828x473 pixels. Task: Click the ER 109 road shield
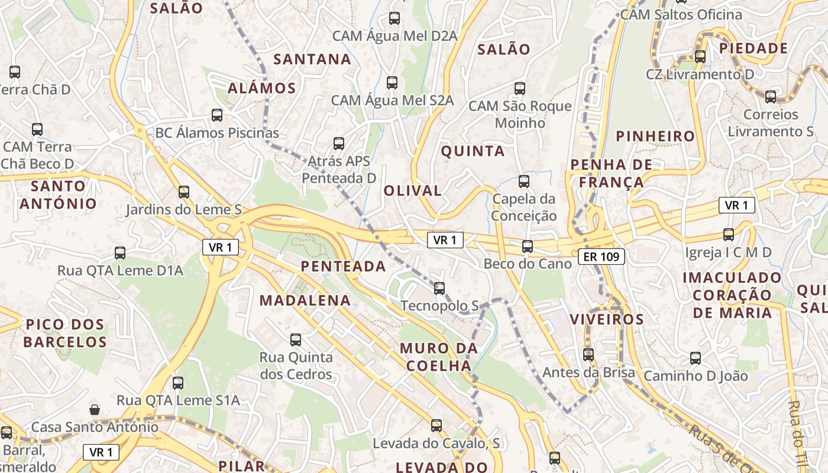click(x=601, y=256)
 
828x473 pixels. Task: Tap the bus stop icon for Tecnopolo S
click(x=439, y=289)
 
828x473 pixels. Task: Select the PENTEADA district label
click(x=343, y=267)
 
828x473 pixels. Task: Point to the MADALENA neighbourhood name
click(x=305, y=300)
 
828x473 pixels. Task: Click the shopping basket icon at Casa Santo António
click(x=95, y=409)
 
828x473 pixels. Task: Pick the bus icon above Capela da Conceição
click(x=523, y=182)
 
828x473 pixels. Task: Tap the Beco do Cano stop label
click(x=528, y=264)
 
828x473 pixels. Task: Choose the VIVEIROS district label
click(x=606, y=320)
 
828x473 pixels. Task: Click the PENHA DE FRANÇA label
click(x=611, y=173)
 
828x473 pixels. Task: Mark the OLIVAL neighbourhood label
click(x=413, y=191)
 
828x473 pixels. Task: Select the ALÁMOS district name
click(x=262, y=89)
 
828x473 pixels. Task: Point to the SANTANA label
click(x=312, y=59)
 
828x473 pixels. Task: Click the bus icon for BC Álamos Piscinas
click(x=217, y=115)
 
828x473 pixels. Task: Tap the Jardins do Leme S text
click(x=183, y=209)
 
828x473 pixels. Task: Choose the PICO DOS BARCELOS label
click(x=65, y=333)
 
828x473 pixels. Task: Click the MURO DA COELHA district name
click(x=438, y=357)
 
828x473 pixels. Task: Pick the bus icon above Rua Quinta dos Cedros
click(x=296, y=340)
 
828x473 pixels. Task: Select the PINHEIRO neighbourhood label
click(x=655, y=137)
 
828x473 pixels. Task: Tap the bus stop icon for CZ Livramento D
click(x=700, y=57)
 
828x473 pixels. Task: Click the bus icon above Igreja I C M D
click(x=729, y=235)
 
